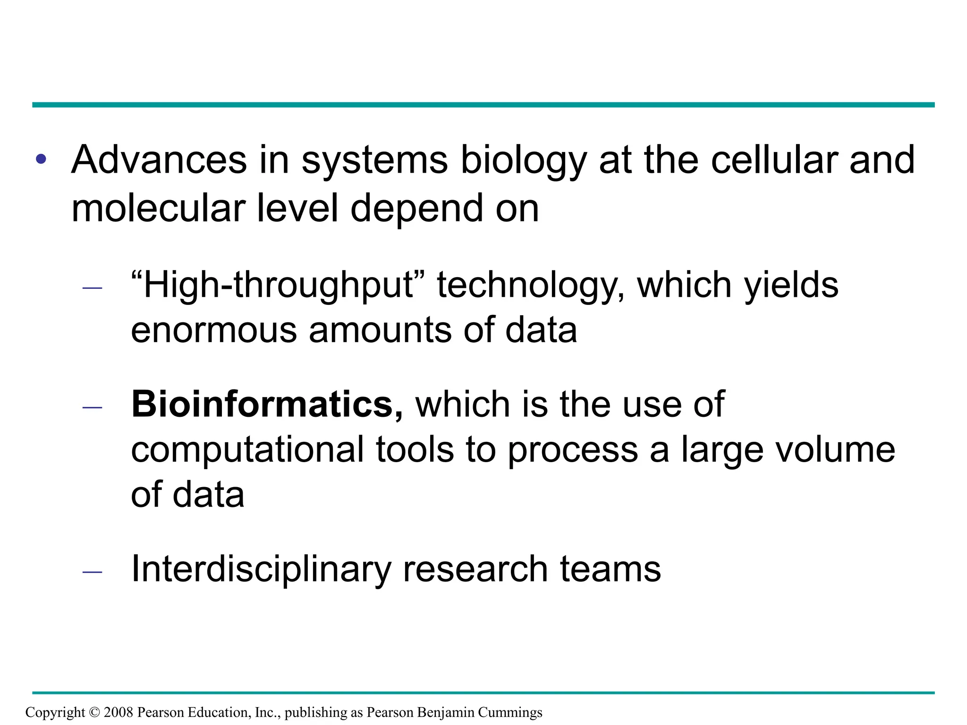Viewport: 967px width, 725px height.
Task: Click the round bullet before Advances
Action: (41, 160)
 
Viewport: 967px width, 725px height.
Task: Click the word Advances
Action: (159, 160)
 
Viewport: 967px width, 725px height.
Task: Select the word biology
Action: (523, 161)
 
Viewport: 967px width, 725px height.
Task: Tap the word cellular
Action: (774, 160)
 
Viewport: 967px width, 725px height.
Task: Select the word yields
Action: (791, 286)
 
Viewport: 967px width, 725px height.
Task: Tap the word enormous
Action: (213, 330)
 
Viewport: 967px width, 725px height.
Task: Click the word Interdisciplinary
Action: (261, 570)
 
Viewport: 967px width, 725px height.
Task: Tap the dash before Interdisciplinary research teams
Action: (92, 572)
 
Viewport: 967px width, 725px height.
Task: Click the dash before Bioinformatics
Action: (92, 407)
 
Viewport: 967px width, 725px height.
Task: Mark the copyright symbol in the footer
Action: (94, 712)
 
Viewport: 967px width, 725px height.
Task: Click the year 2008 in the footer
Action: (119, 712)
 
